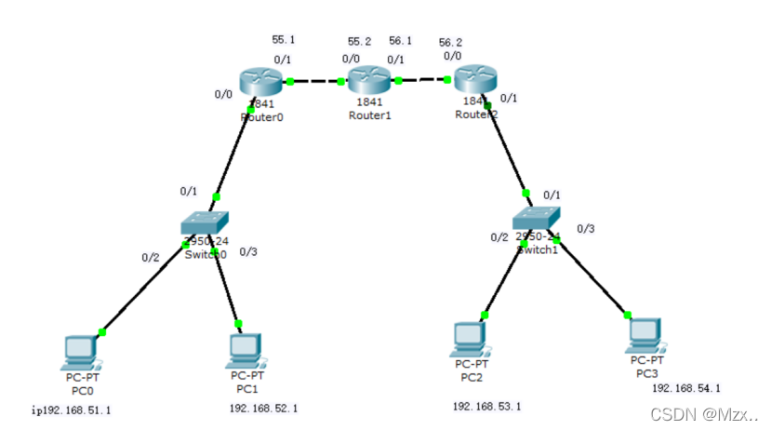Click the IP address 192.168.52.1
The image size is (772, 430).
tap(263, 408)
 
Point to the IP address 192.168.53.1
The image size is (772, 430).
tap(486, 407)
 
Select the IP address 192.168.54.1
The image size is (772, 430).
tap(686, 388)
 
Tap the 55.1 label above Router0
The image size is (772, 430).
tap(283, 40)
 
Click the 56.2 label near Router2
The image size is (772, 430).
tap(450, 42)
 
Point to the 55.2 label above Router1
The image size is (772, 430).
tap(359, 42)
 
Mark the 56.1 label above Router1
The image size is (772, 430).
tap(401, 42)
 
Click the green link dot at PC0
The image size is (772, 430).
tap(102, 331)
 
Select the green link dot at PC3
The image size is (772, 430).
tap(627, 315)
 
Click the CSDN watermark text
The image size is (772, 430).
tap(704, 412)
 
